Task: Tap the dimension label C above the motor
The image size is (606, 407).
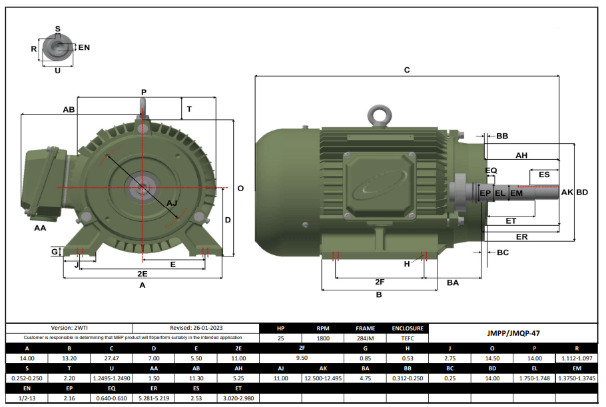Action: coord(407,69)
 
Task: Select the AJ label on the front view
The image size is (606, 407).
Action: coord(172,203)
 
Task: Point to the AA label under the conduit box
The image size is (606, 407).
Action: coord(40,228)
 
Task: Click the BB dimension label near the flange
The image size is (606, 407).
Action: coord(502,136)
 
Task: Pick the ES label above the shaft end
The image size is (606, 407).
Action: coord(544,175)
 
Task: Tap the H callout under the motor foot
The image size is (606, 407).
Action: coord(407,264)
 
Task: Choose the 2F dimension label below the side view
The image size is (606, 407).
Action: coord(380,282)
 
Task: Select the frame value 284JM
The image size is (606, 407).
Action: coord(365,338)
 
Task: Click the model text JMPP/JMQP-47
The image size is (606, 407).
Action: coord(513,333)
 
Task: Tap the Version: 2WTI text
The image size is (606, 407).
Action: coord(69,328)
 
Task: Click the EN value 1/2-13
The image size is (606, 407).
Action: coord(27,398)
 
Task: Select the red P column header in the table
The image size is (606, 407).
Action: coord(534,348)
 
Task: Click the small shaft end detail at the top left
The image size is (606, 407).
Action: coord(57,49)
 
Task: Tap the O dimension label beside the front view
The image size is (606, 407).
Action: coord(240,189)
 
